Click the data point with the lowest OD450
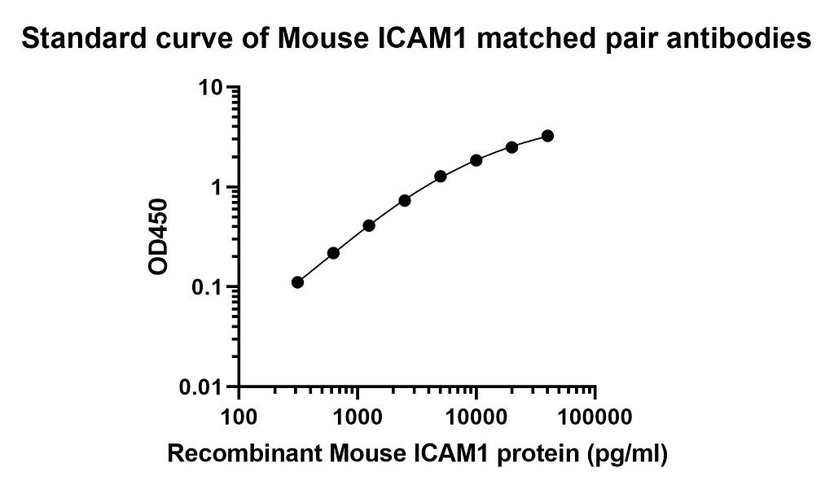tap(297, 282)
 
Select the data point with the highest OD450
tap(547, 136)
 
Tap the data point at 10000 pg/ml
tap(476, 160)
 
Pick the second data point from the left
tap(333, 253)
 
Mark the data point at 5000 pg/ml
tap(441, 176)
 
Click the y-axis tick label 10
tap(210, 88)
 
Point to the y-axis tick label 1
tap(218, 188)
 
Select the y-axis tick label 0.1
tap(207, 287)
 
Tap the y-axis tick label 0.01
tap(201, 386)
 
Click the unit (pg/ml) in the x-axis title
tap(628, 454)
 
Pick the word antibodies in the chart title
tap(738, 37)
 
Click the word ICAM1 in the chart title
tap(429, 37)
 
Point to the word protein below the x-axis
tap(545, 454)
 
